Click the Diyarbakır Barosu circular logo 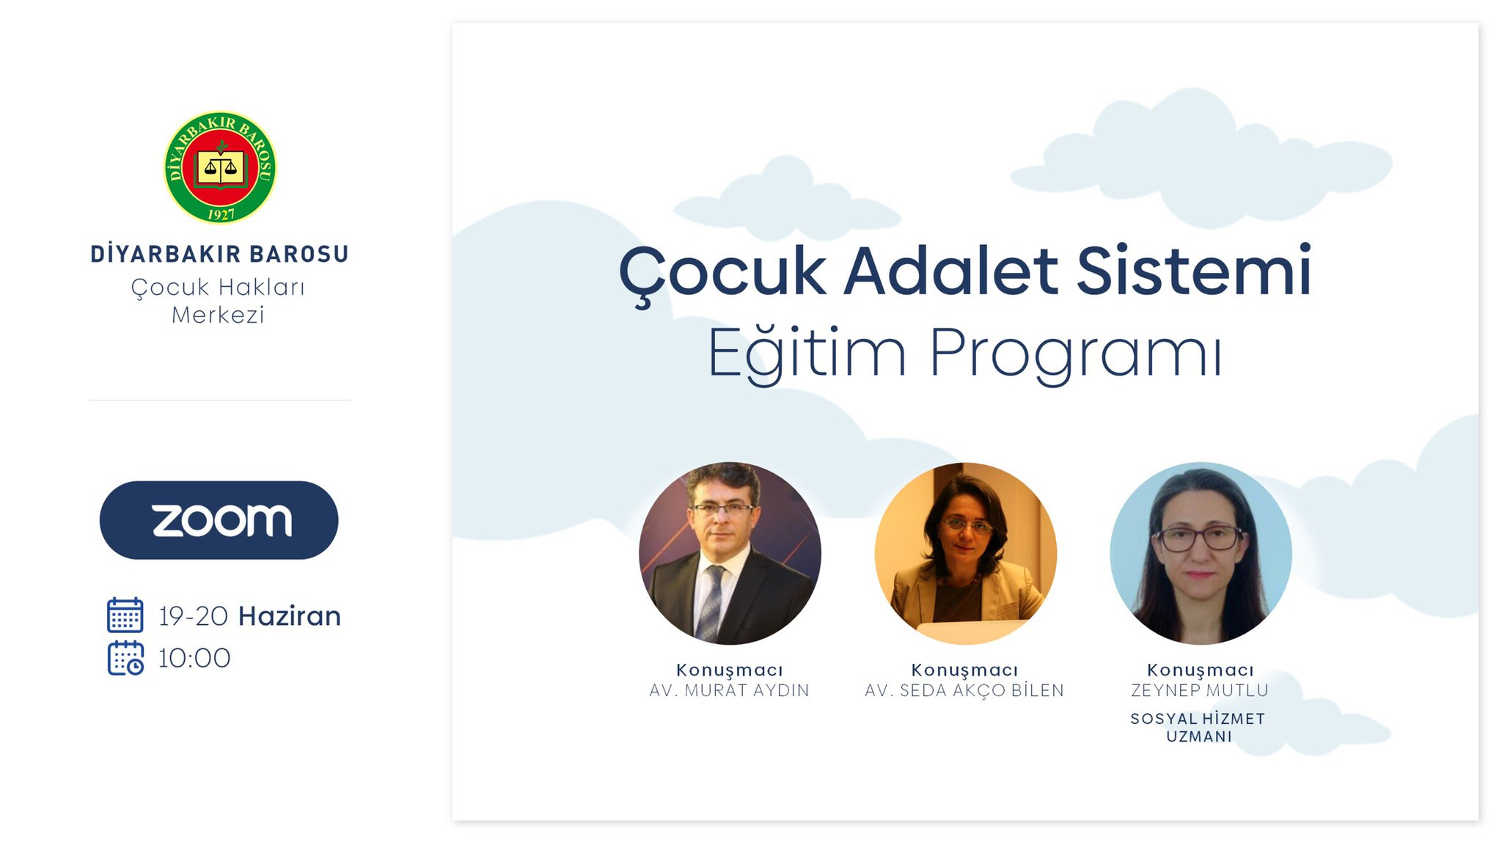[x=220, y=167]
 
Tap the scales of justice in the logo [x=221, y=167]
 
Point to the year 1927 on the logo [x=221, y=213]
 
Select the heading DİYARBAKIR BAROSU [x=219, y=254]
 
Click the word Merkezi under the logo [x=218, y=315]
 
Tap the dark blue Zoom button [x=219, y=520]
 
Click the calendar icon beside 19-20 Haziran [x=125, y=615]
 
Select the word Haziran [x=290, y=616]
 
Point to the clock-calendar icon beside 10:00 [x=125, y=658]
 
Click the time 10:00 [x=194, y=658]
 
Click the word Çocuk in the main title [x=722, y=272]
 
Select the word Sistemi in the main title [x=1194, y=270]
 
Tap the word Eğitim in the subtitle [x=807, y=354]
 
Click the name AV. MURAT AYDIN [x=729, y=690]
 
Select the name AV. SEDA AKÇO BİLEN [x=964, y=690]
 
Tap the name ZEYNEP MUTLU [x=1200, y=690]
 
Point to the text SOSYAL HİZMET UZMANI [x=1198, y=728]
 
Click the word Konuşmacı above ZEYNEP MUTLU [x=1201, y=670]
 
